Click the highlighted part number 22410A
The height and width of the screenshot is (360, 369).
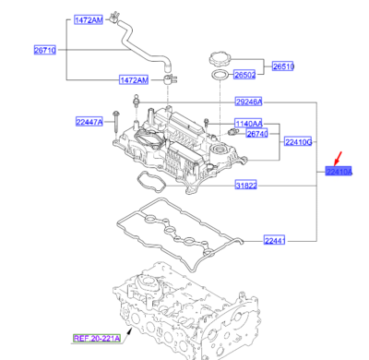point(339,171)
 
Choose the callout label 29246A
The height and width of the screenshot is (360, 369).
point(247,102)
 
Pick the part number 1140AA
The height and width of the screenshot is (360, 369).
point(248,123)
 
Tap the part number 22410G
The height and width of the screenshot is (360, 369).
point(299,141)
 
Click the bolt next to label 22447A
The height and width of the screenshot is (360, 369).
point(117,119)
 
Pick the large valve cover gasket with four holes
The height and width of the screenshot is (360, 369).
point(175,225)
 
